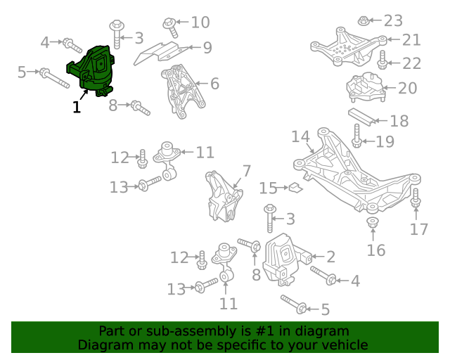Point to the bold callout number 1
pos(77,107)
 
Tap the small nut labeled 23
pos(364,20)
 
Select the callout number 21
pos(411,40)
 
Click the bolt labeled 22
pos(382,60)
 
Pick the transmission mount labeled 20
pos(366,87)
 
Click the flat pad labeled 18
pos(361,117)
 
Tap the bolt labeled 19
pos(356,136)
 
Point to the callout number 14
pos(300,136)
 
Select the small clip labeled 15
pos(296,187)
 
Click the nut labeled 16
pos(373,222)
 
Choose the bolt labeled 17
pos(416,198)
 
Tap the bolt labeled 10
pos(170,27)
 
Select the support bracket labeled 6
pos(183,91)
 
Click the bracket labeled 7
pos(224,196)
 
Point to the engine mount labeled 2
pos(287,260)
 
